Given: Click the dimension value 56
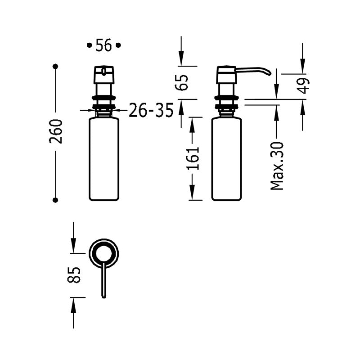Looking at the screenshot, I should (x=103, y=45).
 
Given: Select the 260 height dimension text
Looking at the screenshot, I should (x=56, y=131).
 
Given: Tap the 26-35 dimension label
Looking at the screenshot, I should (x=151, y=110).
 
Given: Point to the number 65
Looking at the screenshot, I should (x=182, y=82).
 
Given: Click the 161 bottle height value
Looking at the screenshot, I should (x=193, y=158).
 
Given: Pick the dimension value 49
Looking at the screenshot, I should (x=304, y=85).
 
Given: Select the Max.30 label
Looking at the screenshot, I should (x=277, y=166).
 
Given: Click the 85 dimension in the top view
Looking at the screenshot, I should (x=75, y=275).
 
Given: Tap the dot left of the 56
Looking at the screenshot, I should (x=89, y=45).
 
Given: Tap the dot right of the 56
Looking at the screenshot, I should (x=118, y=45).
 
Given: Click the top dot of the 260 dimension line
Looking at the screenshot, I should (x=56, y=67).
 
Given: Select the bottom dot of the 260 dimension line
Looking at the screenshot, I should (x=56, y=200).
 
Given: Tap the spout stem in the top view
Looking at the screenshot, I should (x=104, y=281).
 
